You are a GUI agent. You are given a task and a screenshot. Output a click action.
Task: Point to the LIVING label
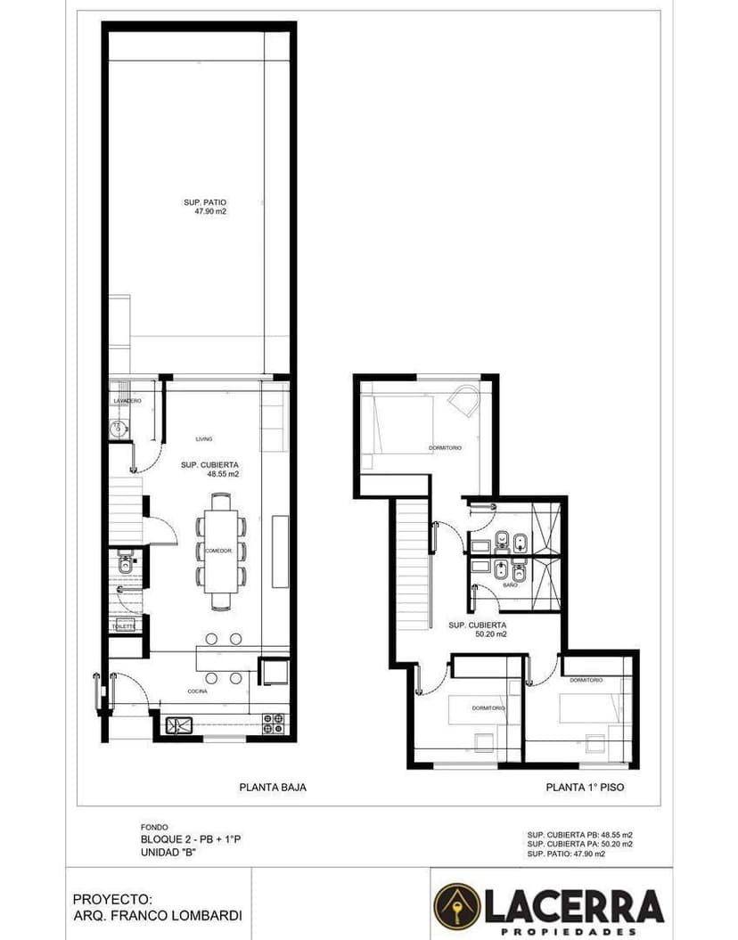(x=204, y=438)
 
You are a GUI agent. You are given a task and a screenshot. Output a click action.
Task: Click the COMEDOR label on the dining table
(x=218, y=552)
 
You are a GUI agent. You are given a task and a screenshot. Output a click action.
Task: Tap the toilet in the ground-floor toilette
(x=124, y=563)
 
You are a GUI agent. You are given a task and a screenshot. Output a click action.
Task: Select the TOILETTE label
(x=123, y=627)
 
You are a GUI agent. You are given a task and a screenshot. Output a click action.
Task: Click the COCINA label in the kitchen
(x=198, y=691)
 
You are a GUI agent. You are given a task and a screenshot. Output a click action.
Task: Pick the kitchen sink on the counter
(x=176, y=725)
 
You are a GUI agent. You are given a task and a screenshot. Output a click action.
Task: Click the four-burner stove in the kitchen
(x=274, y=723)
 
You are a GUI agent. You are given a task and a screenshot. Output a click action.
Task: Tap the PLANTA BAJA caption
(x=266, y=788)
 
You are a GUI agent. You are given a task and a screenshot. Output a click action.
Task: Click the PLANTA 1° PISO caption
(x=585, y=788)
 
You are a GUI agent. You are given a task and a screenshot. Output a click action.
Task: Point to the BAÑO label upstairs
(x=510, y=585)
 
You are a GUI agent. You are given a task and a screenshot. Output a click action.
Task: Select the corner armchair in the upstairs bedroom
(x=464, y=400)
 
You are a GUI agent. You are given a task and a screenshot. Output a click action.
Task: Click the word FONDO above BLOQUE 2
(x=154, y=828)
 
